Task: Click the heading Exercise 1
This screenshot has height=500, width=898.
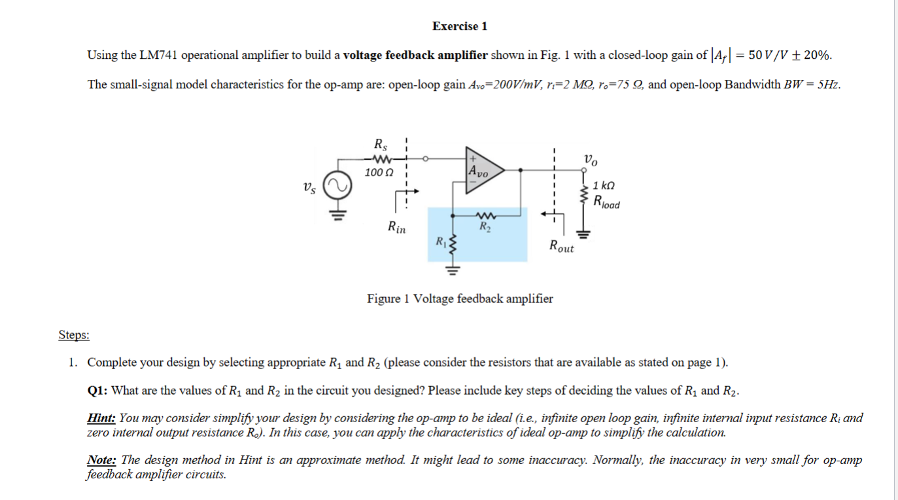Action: click(460, 26)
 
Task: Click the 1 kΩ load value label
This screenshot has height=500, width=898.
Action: click(604, 187)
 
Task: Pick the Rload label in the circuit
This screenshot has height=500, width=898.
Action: click(606, 202)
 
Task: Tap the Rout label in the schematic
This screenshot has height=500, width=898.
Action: click(561, 247)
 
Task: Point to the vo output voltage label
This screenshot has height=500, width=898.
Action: click(590, 158)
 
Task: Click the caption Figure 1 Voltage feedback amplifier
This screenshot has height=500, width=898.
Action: click(460, 299)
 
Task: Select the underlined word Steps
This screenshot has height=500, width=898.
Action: click(74, 335)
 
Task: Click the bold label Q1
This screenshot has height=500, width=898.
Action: click(97, 391)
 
